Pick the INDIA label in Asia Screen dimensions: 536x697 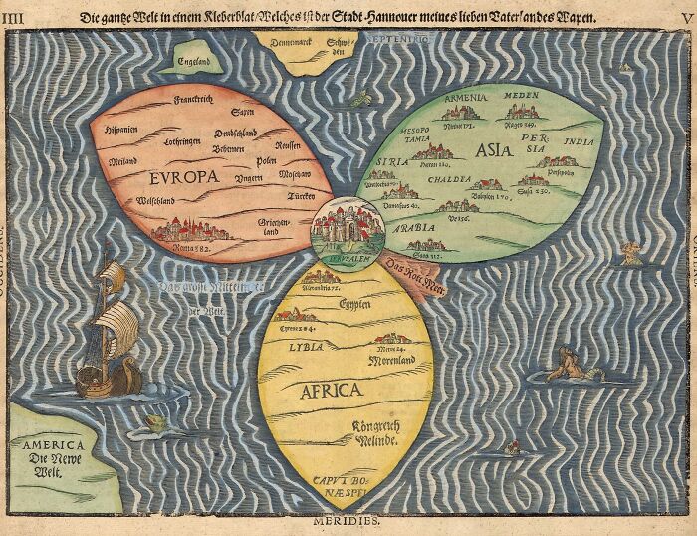[x=581, y=142]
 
